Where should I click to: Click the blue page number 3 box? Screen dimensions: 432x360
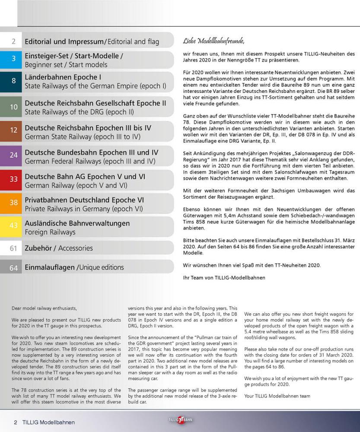14,60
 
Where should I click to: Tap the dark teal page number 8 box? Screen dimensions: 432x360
14,81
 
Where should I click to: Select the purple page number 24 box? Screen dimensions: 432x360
14,156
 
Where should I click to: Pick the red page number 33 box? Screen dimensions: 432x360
14,180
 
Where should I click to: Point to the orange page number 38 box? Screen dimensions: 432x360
14,203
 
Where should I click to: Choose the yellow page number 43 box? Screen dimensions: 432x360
14,226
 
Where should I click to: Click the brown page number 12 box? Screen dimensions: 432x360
14,130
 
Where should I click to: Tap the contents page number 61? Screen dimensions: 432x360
14,248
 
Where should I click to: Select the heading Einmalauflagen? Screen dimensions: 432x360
50,267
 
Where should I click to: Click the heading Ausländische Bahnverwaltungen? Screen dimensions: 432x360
77,223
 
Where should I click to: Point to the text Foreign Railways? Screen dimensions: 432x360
50,232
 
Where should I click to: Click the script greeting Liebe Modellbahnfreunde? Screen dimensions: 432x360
214,41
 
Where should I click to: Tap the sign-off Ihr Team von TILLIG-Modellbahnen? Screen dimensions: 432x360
224,278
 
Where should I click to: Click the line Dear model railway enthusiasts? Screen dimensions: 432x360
44,308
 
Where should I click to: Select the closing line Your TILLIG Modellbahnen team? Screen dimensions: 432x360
277,396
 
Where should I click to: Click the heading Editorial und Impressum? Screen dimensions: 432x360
64,42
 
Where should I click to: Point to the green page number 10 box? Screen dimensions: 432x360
14,107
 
